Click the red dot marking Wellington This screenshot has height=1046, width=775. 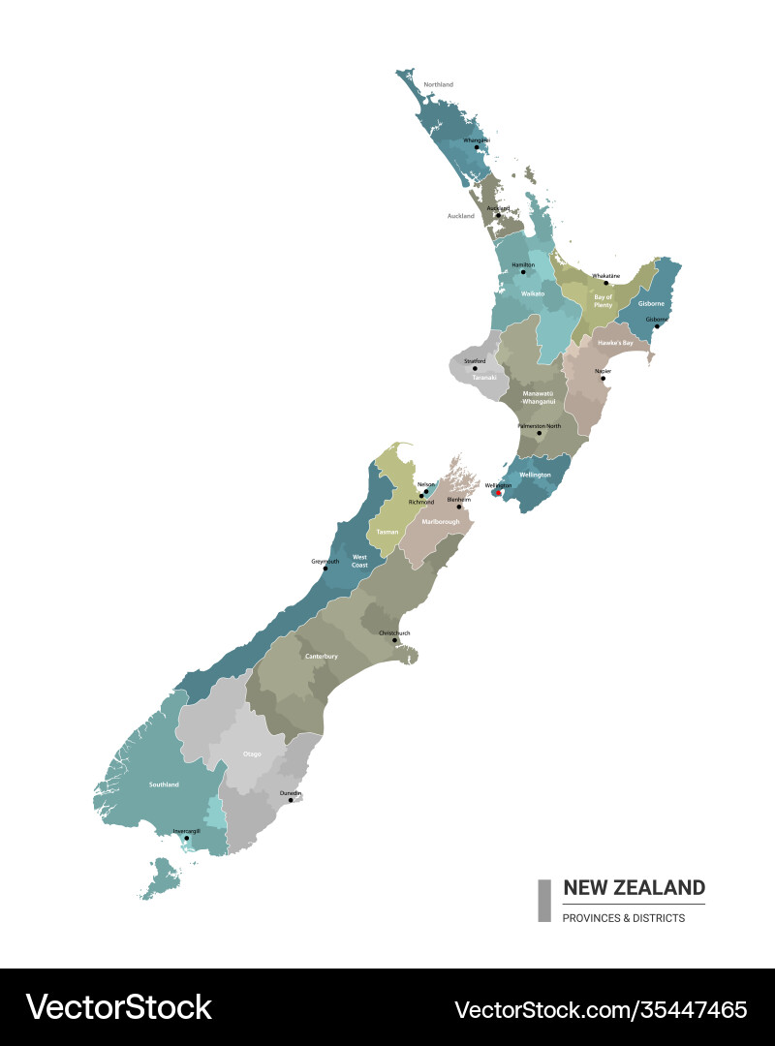[x=498, y=493]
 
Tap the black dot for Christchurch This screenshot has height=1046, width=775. [x=394, y=640]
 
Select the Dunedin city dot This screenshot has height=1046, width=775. [x=291, y=800]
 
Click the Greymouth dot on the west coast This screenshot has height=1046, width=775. [x=325, y=568]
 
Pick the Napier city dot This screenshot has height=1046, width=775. [x=604, y=378]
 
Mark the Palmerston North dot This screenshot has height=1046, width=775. [x=540, y=433]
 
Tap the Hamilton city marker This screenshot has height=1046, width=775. [x=523, y=272]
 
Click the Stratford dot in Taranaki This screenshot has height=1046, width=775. [x=475, y=368]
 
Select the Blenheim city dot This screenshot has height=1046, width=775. [x=459, y=507]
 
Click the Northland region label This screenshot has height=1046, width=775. [x=438, y=85]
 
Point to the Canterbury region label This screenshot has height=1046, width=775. [x=322, y=657]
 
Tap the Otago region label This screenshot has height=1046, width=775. [x=252, y=754]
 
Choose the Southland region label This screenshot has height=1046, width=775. [x=164, y=784]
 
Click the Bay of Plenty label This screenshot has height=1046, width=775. [x=603, y=301]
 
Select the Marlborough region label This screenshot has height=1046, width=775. [x=441, y=522]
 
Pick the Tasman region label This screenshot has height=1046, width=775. [x=387, y=533]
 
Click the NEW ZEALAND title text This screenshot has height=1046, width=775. [x=634, y=887]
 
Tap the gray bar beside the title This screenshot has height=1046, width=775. [x=544, y=900]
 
